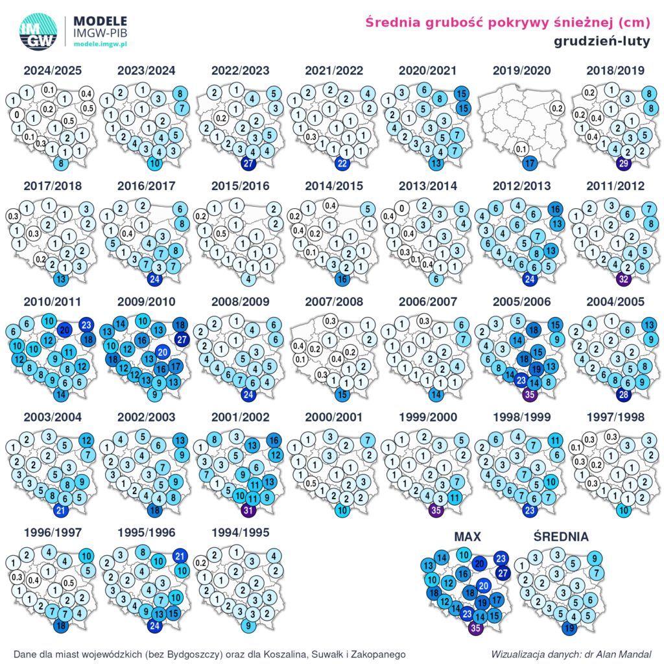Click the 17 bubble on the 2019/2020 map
click(530, 162)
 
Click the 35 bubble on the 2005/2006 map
click(530, 394)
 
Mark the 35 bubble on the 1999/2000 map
click(434, 510)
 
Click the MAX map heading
click(468, 537)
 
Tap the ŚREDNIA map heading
click(561, 537)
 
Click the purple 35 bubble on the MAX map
click(477, 627)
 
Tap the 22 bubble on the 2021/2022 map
click(342, 163)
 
